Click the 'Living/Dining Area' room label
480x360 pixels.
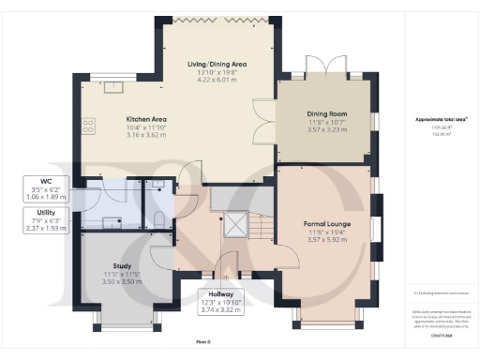pyautogui.click(x=222, y=64)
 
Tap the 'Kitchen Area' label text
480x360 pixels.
pyautogui.click(x=147, y=120)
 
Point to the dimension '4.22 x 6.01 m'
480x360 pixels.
pyautogui.click(x=222, y=81)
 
